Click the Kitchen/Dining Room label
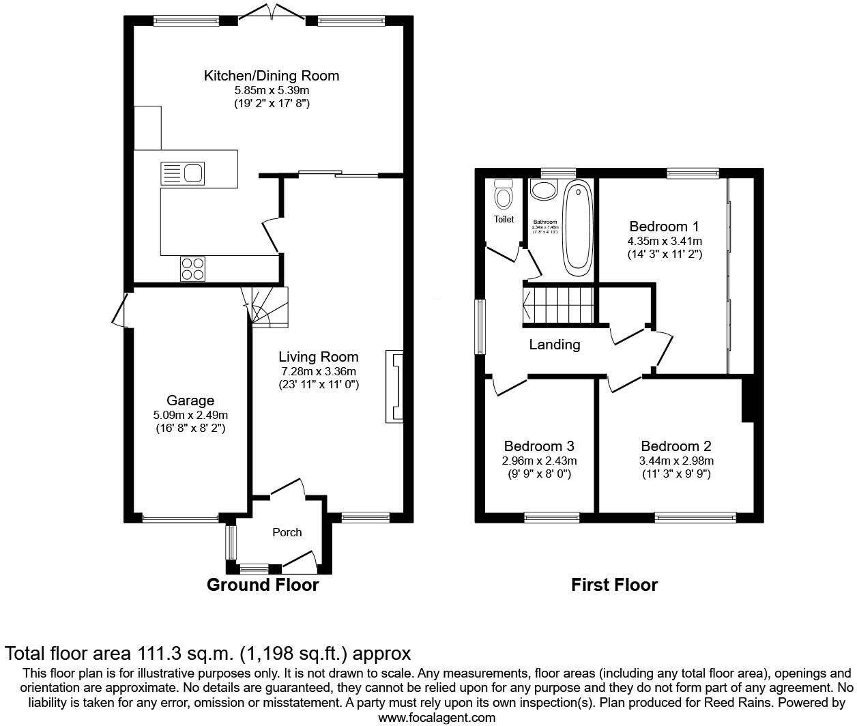(x=271, y=76)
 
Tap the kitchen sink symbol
(x=182, y=173)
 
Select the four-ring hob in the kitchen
(x=192, y=267)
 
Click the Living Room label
(x=318, y=357)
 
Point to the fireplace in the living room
(x=395, y=386)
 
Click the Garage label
(x=190, y=401)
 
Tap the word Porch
(x=287, y=532)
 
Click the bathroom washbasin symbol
(x=544, y=190)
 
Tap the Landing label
(x=555, y=345)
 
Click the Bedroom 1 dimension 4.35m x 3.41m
(x=665, y=241)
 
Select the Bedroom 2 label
(x=676, y=446)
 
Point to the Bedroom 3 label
(x=539, y=446)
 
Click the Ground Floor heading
(x=263, y=585)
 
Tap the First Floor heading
(x=614, y=585)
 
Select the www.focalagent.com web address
(x=437, y=718)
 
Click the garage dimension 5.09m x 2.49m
(x=190, y=415)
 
